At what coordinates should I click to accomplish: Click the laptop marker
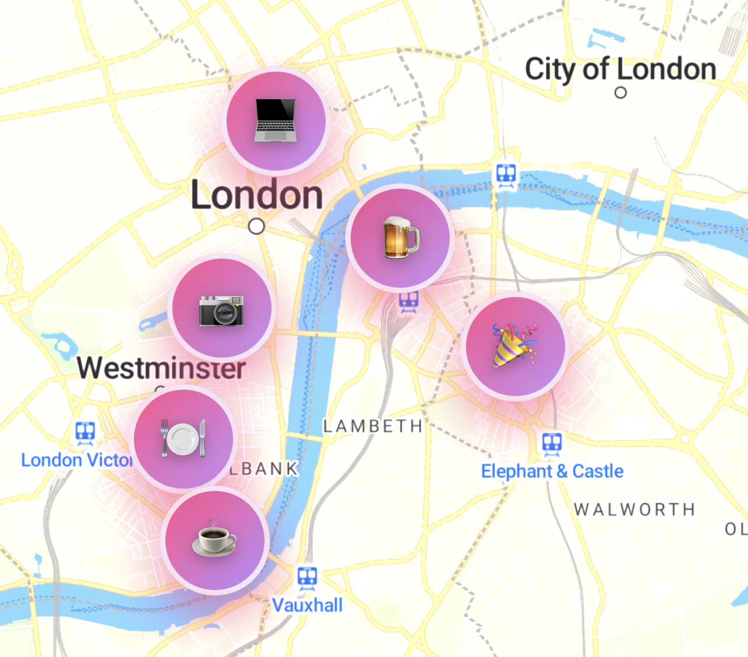tap(276, 121)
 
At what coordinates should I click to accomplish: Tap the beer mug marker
tap(400, 238)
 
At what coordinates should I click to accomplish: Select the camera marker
tap(221, 308)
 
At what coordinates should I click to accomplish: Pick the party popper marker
tap(515, 347)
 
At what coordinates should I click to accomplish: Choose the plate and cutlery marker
tap(184, 439)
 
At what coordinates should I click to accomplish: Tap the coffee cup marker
tap(214, 541)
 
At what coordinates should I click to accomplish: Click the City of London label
tap(620, 69)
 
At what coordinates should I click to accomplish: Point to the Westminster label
tap(161, 368)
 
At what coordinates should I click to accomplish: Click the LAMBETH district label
tap(373, 426)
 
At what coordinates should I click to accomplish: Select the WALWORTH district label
tap(634, 510)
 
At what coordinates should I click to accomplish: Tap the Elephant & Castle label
tap(552, 471)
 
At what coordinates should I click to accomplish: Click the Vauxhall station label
tap(308, 605)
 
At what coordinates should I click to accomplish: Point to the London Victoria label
tap(76, 460)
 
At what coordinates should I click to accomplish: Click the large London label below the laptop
tap(257, 195)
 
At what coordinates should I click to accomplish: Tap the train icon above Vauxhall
tap(308, 577)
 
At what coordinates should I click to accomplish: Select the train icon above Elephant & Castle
tap(552, 443)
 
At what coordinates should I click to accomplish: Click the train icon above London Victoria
tap(86, 432)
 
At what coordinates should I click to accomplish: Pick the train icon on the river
tap(506, 174)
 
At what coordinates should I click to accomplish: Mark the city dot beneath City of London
tap(621, 93)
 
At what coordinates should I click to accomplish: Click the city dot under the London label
tap(256, 226)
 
